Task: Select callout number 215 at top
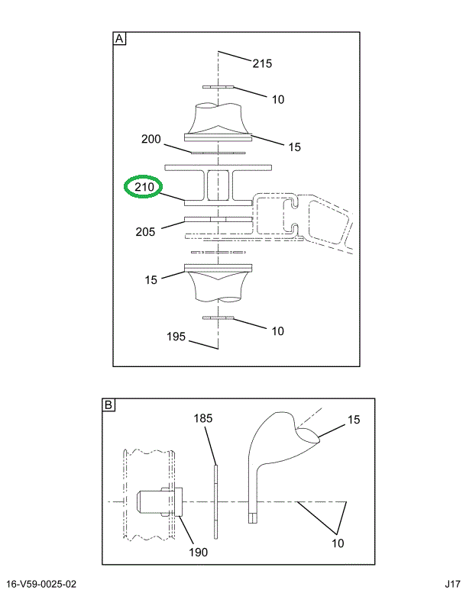tap(262, 63)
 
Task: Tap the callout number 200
tap(151, 139)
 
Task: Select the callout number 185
tap(202, 418)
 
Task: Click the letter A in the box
tap(120, 39)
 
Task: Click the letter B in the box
tap(108, 405)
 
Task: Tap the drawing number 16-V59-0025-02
tap(42, 584)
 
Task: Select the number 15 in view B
tap(354, 420)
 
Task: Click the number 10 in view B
tap(338, 543)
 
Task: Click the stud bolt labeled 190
tap(157, 503)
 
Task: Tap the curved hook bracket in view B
tap(271, 450)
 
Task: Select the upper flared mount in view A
tap(218, 122)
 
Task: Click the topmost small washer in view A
tap(218, 87)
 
